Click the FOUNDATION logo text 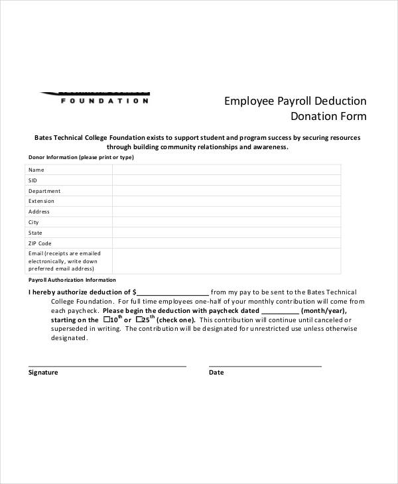point(105,101)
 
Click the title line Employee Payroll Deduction point(295,101)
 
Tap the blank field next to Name point(227,170)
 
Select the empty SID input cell point(227,180)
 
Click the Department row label point(44,191)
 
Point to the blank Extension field point(227,202)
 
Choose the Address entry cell point(227,212)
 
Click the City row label point(34,223)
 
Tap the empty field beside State point(227,233)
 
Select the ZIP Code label point(40,244)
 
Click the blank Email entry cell point(227,261)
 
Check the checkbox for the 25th point(138,320)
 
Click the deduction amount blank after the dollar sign point(173,292)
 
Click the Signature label point(43,373)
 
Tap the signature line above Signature point(107,365)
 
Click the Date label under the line point(216,373)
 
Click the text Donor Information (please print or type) point(81,158)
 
